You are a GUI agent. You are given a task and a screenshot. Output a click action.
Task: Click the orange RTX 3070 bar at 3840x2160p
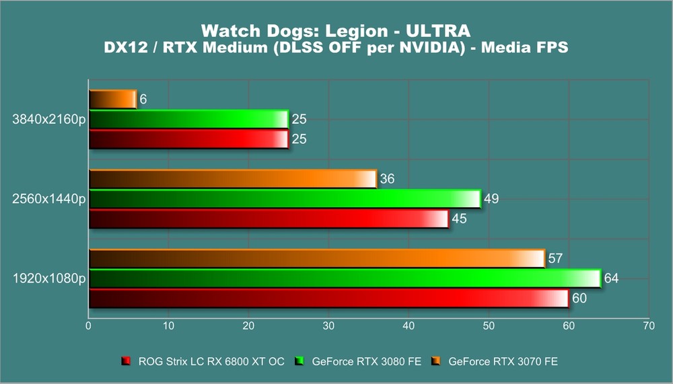[x=112, y=100]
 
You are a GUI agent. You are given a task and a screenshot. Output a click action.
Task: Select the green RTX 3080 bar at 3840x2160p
[x=188, y=119]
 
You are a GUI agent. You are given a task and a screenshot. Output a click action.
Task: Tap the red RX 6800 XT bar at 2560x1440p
[x=268, y=219]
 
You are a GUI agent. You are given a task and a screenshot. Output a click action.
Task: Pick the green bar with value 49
[x=285, y=199]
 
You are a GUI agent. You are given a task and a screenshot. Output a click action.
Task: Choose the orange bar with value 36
[x=232, y=179]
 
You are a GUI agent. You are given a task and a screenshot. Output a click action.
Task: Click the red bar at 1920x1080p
[x=328, y=298]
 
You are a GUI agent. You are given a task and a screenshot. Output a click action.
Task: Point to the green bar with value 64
[x=344, y=278]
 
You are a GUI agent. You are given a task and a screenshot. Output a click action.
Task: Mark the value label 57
[x=555, y=258]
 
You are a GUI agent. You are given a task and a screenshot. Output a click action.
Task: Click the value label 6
[x=143, y=100]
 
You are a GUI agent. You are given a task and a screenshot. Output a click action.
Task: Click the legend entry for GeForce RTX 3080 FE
[x=366, y=362]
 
